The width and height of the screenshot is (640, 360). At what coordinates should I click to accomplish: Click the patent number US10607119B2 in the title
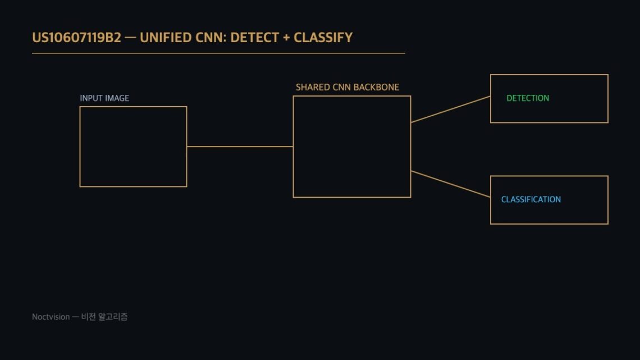77,38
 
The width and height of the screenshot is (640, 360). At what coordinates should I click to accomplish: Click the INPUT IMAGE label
104,98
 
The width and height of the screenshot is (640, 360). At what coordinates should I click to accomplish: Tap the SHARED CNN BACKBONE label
348,88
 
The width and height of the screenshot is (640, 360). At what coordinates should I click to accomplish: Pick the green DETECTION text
528,98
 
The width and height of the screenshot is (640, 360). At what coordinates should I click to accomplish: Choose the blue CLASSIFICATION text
531,199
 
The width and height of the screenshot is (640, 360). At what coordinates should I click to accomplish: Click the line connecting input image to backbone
240,147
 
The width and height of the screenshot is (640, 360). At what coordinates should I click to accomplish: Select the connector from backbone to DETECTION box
451,110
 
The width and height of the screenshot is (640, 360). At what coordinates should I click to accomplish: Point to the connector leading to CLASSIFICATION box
451,184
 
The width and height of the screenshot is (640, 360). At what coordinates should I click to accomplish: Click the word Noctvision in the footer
51,317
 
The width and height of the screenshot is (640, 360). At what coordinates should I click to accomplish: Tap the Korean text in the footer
104,317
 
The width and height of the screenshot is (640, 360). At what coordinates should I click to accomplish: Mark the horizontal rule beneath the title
218,53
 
